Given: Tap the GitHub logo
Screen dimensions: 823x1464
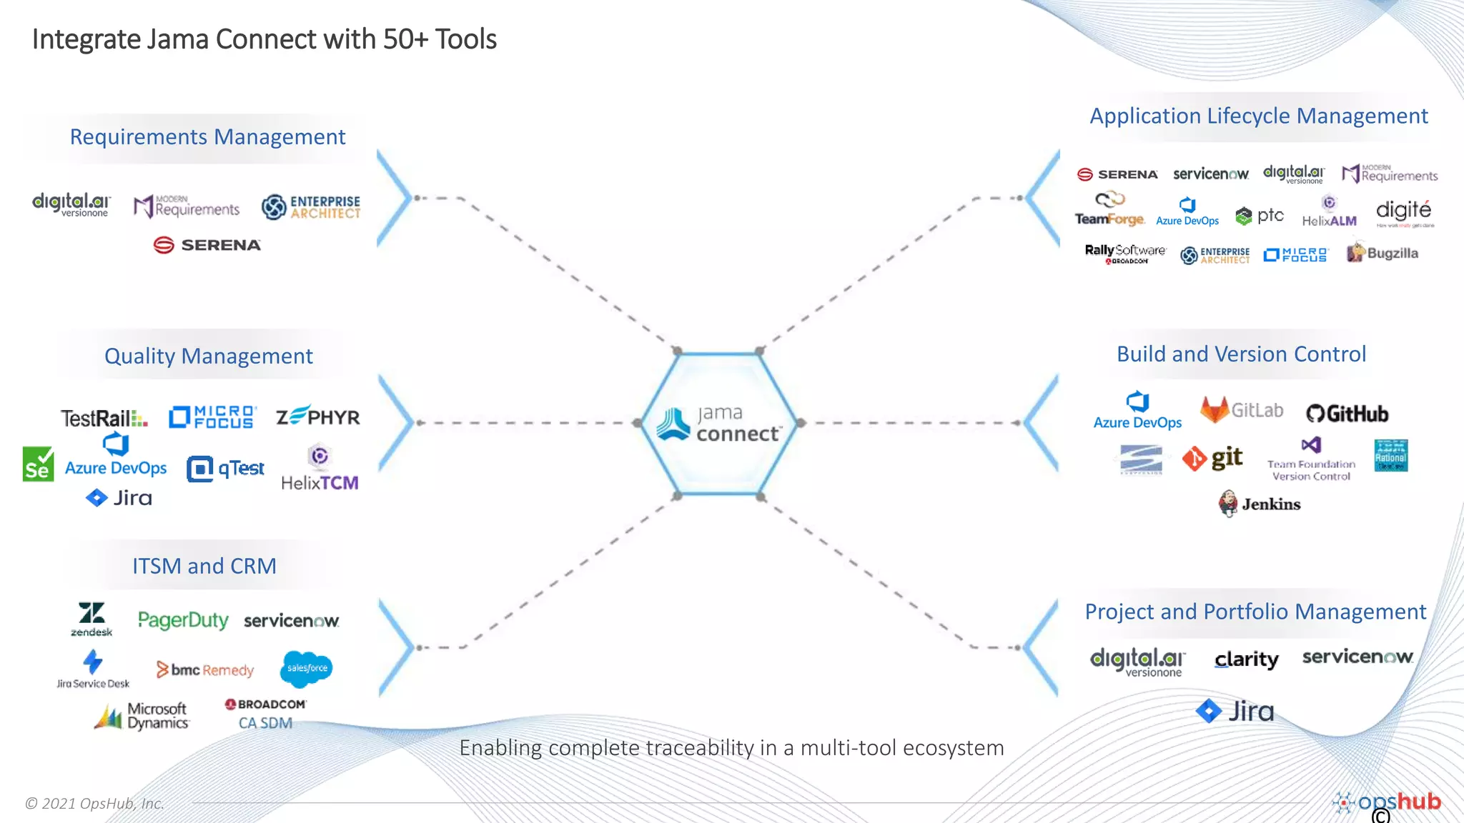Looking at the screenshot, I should [1347, 414].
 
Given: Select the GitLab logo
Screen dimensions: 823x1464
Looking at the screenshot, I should [1242, 410].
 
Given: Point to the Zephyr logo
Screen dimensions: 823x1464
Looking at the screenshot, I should [318, 416].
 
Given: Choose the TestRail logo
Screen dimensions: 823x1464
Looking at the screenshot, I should [104, 418].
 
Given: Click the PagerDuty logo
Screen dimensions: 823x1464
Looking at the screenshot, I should [183, 620].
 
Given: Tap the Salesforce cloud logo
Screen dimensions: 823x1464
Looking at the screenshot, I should [307, 668].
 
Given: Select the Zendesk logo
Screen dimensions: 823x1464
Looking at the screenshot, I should [91, 619].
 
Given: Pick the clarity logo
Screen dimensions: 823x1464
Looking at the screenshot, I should [1246, 659].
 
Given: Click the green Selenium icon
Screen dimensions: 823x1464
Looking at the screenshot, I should [38, 464].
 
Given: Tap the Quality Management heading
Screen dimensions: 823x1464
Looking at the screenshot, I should [208, 356].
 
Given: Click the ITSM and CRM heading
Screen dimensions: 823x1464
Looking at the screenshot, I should [204, 566].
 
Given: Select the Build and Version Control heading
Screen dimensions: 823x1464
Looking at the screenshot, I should [1241, 354].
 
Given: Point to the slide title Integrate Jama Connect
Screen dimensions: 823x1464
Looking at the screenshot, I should [264, 39].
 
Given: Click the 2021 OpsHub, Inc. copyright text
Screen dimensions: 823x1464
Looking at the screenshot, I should [94, 803].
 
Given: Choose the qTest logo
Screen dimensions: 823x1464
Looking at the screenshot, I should [225, 469].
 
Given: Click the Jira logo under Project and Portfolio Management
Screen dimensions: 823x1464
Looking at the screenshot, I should [1235, 711].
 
